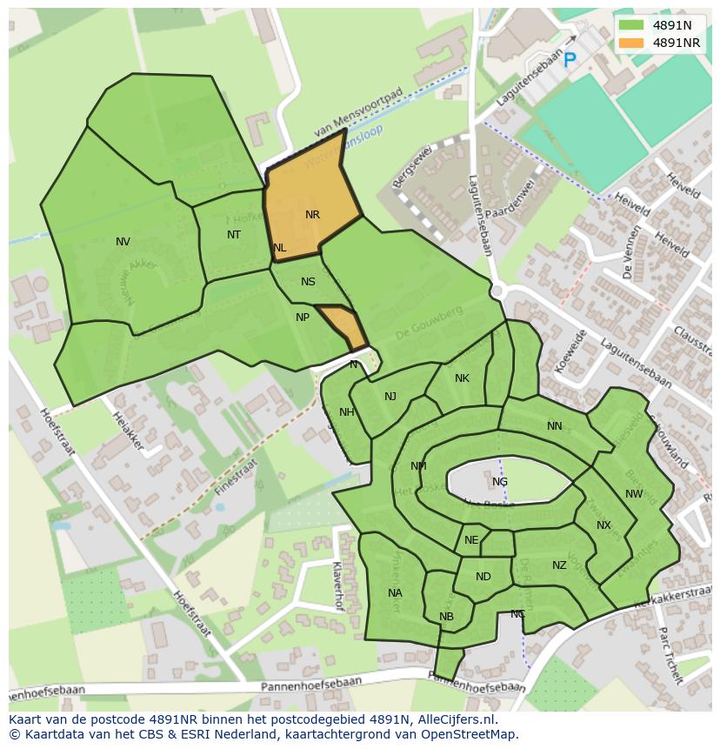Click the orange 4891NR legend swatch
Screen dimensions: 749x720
631,43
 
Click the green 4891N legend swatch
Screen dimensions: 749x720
631,25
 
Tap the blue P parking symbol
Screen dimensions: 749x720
570,60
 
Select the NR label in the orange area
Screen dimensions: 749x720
312,214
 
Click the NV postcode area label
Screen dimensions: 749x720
123,242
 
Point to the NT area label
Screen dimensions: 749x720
234,235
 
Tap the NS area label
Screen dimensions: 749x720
308,282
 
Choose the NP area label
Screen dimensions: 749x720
302,318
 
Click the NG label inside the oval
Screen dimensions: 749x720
499,482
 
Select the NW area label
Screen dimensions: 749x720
634,494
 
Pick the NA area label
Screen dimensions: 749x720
395,593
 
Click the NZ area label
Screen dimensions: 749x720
559,565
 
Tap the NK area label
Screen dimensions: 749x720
462,378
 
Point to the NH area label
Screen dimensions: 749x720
346,412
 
